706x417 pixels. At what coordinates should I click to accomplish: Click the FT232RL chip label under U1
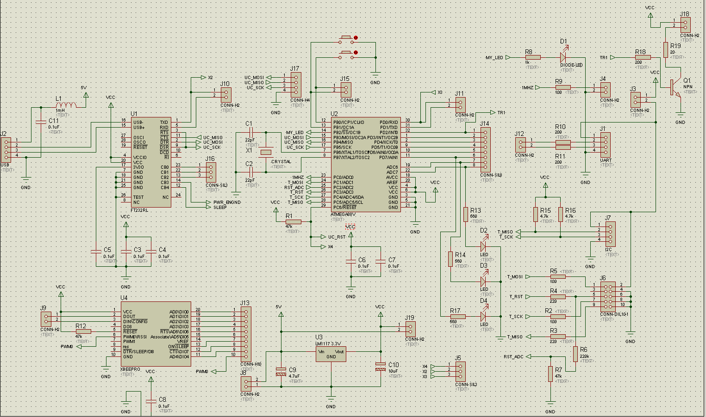pyautogui.click(x=139, y=210)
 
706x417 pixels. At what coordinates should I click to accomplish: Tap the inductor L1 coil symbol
pyautogui.click(x=66, y=104)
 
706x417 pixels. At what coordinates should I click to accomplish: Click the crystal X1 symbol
pyautogui.click(x=266, y=152)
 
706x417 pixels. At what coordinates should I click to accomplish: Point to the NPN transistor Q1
pyautogui.click(x=675, y=87)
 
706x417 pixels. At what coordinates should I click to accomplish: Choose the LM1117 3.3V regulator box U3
pyautogui.click(x=331, y=354)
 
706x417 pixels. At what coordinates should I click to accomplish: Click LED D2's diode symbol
pyautogui.click(x=484, y=246)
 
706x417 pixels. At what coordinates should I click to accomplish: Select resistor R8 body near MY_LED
pyautogui.click(x=532, y=57)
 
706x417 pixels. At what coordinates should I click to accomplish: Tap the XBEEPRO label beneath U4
pyautogui.click(x=130, y=370)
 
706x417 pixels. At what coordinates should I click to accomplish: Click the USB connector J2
pyautogui.click(x=6, y=148)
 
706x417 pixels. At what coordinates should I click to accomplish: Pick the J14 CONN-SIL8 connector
pyautogui.click(x=485, y=148)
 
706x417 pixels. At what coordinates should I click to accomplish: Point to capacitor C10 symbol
pyautogui.click(x=381, y=366)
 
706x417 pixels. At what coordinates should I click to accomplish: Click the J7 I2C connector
pyautogui.click(x=610, y=233)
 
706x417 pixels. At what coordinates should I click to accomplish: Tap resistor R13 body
pyautogui.click(x=466, y=215)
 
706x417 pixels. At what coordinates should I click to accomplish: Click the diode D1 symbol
pyautogui.click(x=563, y=57)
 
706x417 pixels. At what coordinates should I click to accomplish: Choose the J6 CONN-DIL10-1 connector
pyautogui.click(x=607, y=296)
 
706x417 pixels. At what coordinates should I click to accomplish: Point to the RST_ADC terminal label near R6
pyautogui.click(x=513, y=356)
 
